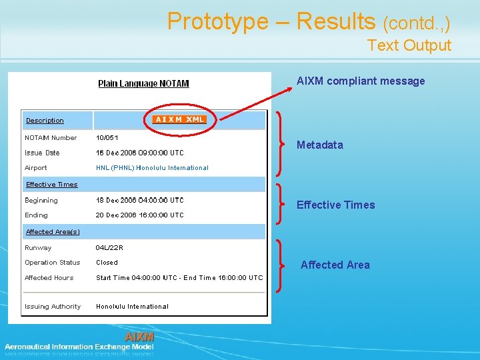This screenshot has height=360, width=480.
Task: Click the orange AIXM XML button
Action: pos(179,119)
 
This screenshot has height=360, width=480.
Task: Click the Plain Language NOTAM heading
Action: pos(143,83)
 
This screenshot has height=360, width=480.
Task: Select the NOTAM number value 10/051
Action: pos(107,138)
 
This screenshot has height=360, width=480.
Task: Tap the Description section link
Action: pos(45,121)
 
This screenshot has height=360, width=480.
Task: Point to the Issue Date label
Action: pos(42,153)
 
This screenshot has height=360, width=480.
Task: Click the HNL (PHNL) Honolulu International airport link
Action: pos(152,168)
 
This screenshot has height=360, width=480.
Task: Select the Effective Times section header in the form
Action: pos(51,185)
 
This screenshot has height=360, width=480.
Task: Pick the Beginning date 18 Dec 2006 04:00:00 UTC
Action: pos(139,200)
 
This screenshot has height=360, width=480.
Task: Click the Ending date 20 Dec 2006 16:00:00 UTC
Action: pos(139,215)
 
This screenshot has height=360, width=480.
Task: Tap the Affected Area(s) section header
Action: pos(53,232)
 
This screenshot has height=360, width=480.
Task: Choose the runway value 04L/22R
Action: pos(109,248)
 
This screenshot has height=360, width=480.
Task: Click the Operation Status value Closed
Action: pos(107,263)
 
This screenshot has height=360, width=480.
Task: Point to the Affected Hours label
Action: pos(49,278)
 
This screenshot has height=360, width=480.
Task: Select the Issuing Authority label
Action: pos(53,307)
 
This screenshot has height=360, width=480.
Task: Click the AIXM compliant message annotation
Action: pos(361,81)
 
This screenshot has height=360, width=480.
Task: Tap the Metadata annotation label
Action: pos(320,145)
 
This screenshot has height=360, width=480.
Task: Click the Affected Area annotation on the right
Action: pos(335,265)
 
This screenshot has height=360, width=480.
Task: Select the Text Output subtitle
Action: pos(409,45)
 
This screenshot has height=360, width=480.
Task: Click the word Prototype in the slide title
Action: pos(217,21)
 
